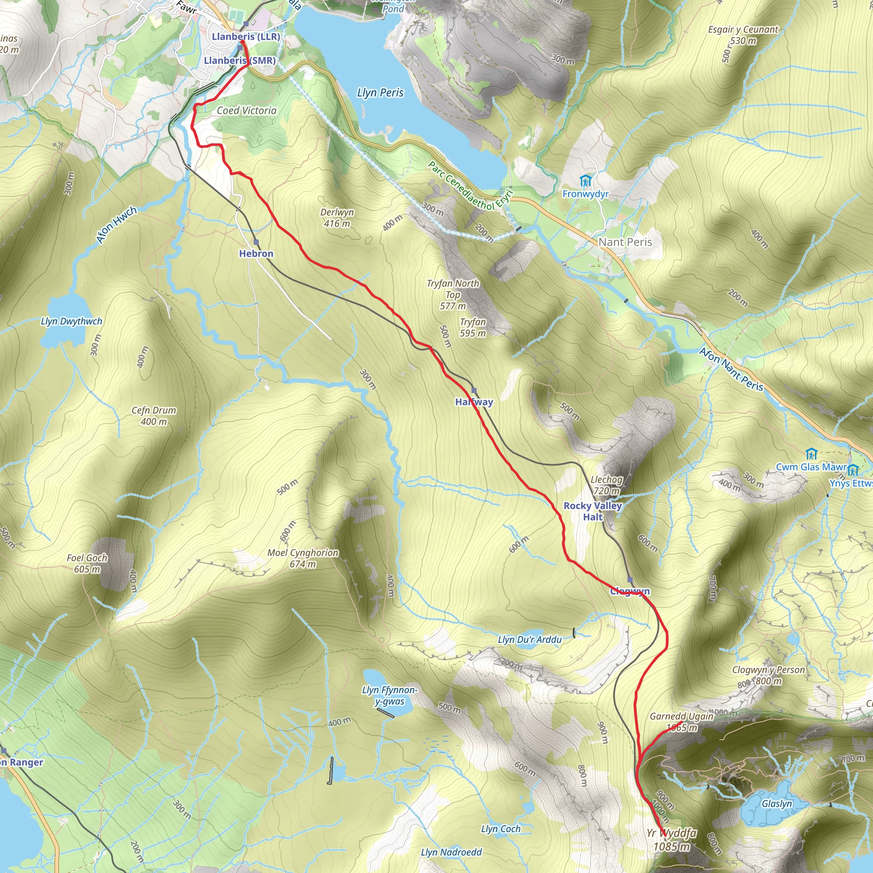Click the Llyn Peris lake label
380,93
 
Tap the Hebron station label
256,254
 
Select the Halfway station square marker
474,390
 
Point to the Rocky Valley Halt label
593,511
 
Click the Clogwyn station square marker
630,580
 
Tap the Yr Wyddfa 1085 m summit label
671,840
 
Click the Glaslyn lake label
777,804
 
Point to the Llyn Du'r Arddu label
529,639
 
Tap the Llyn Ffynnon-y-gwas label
390,695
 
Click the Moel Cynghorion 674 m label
303,558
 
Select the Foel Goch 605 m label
87,564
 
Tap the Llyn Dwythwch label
71,321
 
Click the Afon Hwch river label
116,225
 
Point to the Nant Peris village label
625,242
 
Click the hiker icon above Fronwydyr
585,181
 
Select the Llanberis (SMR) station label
240,61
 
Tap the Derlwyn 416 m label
337,217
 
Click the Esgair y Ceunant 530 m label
743,35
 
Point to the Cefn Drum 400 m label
153,416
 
